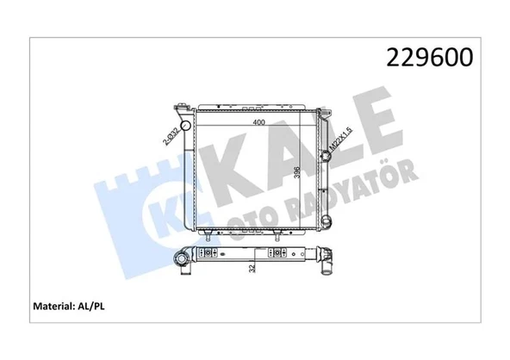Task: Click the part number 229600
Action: pyautogui.click(x=429, y=57)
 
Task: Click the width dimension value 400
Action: pyautogui.click(x=258, y=122)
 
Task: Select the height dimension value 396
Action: pyautogui.click(x=296, y=172)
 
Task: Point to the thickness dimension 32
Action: pyautogui.click(x=252, y=269)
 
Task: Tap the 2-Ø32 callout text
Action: pyautogui.click(x=171, y=136)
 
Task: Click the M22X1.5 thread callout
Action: pyautogui.click(x=340, y=140)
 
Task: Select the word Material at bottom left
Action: pyautogui.click(x=53, y=306)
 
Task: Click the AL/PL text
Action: pyautogui.click(x=91, y=307)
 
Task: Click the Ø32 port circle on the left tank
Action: pyautogui.click(x=186, y=125)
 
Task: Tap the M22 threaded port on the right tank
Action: pyautogui.click(x=326, y=156)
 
